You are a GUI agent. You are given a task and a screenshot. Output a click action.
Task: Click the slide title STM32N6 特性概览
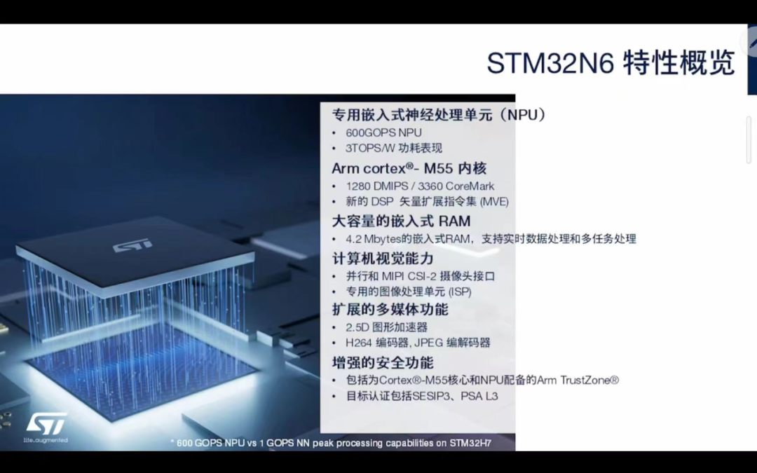[611, 63]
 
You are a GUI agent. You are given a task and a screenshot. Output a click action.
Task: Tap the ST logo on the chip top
[132, 245]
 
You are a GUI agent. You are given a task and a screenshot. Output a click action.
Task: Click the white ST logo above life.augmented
[46, 424]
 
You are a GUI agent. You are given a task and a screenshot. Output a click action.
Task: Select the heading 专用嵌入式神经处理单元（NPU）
[439, 115]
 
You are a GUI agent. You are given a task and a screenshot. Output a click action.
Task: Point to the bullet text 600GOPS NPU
[383, 132]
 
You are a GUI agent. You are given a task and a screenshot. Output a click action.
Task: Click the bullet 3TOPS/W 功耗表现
[393, 148]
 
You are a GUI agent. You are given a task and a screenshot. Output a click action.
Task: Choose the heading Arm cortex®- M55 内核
[409, 168]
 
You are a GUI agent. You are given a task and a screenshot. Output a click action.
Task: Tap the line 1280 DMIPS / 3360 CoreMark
[420, 186]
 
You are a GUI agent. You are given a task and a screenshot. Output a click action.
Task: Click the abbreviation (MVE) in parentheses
[494, 202]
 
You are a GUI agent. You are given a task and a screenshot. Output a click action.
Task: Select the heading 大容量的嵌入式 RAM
[401, 221]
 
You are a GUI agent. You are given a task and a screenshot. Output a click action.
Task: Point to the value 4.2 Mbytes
[374, 239]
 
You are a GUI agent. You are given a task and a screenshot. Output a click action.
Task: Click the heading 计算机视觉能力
[383, 259]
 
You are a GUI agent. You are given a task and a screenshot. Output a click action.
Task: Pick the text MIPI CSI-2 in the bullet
[408, 277]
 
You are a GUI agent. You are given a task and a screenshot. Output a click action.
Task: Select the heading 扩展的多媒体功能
[390, 310]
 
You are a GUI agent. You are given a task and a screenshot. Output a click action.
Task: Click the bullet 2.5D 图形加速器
[386, 328]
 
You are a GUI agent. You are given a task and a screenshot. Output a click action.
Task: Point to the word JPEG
[428, 343]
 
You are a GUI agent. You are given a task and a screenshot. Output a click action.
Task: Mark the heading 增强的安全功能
[383, 362]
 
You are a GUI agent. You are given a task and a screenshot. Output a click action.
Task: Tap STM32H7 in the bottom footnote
[470, 443]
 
